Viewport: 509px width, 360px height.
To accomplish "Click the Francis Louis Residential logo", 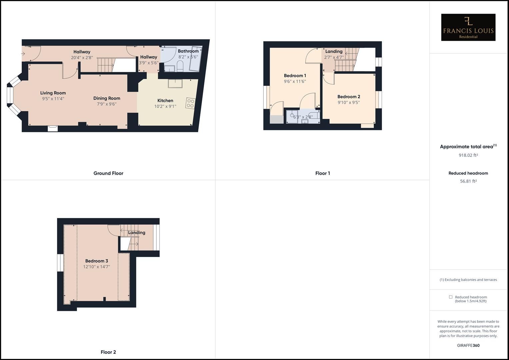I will (x=468, y=27).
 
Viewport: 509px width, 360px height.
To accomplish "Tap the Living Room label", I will (x=53, y=93).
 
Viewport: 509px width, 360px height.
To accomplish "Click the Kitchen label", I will (x=165, y=101).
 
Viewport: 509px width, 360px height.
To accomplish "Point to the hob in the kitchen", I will (x=190, y=103).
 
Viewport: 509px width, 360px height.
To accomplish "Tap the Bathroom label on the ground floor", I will (x=188, y=51).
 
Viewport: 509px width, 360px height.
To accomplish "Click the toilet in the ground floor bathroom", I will (x=180, y=68).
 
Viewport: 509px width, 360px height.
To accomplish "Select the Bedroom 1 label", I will (x=295, y=76).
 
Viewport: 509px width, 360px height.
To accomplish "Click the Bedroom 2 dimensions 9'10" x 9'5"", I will (x=349, y=103).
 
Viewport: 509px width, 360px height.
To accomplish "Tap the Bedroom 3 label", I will (x=97, y=261).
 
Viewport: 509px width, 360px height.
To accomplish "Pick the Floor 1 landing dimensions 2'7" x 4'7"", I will (x=334, y=57).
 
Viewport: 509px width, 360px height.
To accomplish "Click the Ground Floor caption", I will (x=108, y=173).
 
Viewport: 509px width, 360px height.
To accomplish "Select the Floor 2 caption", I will (x=108, y=352).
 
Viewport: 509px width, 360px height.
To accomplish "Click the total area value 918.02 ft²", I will (x=468, y=155).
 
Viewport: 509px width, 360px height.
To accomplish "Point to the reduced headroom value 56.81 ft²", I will (x=468, y=181).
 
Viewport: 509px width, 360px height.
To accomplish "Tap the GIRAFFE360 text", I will (x=468, y=345).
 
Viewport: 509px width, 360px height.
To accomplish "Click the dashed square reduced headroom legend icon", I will (x=451, y=297).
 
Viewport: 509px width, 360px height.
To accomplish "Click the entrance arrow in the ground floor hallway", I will (x=24, y=53).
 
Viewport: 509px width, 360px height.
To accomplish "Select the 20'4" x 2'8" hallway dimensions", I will (x=82, y=57).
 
